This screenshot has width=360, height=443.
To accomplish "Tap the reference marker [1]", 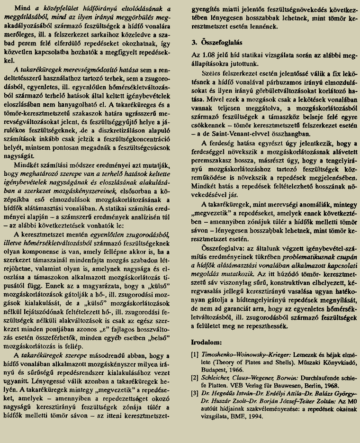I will pyautogui.click(x=194, y=353).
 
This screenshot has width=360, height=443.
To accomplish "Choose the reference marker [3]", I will pyautogui.click(x=194, y=393).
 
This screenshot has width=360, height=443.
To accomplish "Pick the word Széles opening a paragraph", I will pyautogui.click(x=211, y=73).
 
